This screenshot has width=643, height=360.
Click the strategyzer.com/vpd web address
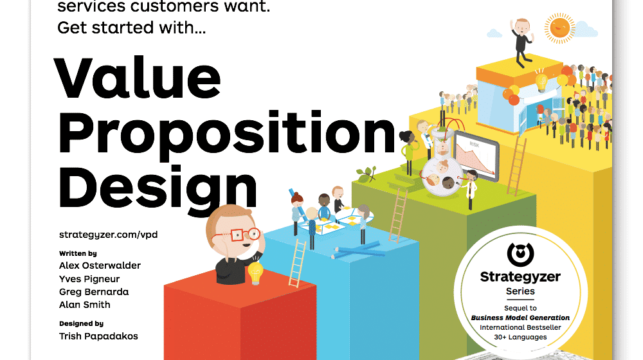108,235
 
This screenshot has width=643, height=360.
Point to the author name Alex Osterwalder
100,265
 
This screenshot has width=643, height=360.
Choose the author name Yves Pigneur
89,279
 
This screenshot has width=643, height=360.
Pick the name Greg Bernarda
94,292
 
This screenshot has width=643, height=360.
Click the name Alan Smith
84,305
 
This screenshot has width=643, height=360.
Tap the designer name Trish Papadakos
98,336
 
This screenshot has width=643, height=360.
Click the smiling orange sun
559,27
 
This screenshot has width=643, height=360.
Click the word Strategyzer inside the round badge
520,277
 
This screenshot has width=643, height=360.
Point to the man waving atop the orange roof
521,39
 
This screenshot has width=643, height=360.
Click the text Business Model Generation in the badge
520,318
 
